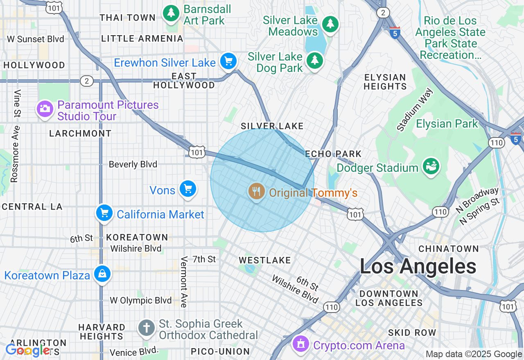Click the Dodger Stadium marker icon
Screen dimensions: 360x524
[431, 166]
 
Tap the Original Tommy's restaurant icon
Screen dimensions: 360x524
[256, 191]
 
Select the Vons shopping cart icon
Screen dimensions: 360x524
[188, 189]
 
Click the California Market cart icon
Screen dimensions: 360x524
[104, 213]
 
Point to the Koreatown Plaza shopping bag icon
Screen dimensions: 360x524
[102, 274]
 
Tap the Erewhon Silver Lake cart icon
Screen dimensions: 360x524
[228, 61]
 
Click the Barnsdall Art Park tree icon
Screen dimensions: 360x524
[172, 13]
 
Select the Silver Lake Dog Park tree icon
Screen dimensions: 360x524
[314, 61]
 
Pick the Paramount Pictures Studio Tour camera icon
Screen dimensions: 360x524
[45, 109]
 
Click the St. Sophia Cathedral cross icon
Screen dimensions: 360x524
[146, 327]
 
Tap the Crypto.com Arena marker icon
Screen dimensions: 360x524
[301, 343]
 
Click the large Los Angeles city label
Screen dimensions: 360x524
[418, 267]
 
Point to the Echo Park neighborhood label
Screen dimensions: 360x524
[333, 154]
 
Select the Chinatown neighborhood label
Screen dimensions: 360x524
[449, 249]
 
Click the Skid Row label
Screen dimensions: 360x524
[412, 333]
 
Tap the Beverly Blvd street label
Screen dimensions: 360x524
[133, 164]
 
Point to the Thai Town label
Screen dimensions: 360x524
[128, 18]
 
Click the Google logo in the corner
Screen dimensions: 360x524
[28, 350]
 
